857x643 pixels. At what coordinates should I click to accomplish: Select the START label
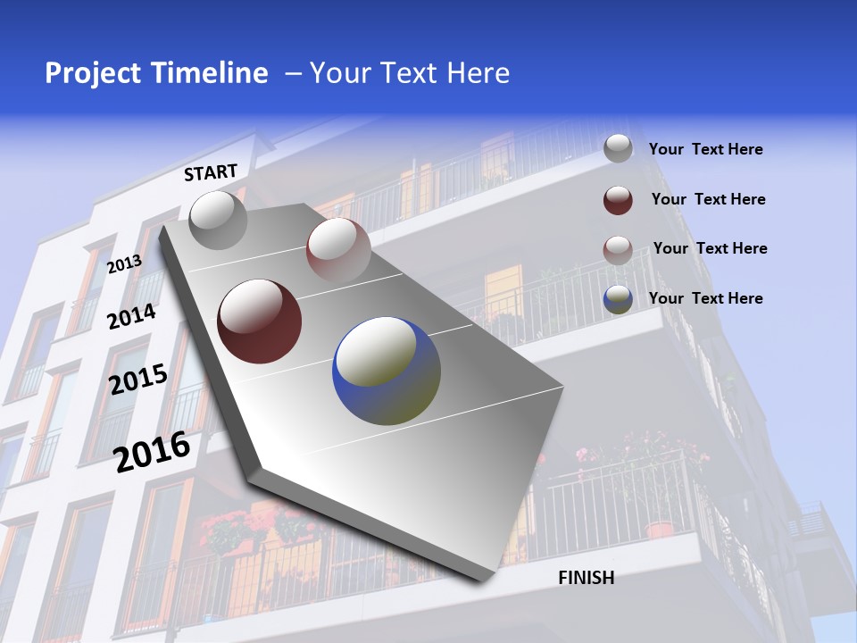(211, 172)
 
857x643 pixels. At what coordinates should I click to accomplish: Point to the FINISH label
(587, 578)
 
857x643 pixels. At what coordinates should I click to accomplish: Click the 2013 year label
(125, 263)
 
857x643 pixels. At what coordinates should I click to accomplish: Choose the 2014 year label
(132, 316)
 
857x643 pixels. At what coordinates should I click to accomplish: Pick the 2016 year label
(152, 451)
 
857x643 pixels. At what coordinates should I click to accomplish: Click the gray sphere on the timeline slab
(218, 220)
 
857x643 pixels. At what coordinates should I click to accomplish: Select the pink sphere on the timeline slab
(338, 249)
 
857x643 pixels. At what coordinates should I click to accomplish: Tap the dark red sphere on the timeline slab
(260, 321)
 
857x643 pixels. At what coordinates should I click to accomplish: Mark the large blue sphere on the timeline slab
(387, 370)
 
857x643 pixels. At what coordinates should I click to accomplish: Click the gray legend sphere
(618, 148)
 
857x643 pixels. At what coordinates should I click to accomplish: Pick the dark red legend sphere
(618, 199)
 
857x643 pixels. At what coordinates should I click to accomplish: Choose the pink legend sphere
(618, 249)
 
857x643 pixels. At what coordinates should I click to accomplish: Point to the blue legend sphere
(618, 299)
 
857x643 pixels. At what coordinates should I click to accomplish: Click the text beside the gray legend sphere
(705, 149)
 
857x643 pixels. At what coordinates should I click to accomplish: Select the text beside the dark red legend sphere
(708, 199)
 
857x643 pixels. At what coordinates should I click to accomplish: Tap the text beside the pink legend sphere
(710, 248)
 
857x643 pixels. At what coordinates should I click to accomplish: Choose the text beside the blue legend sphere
(705, 298)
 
